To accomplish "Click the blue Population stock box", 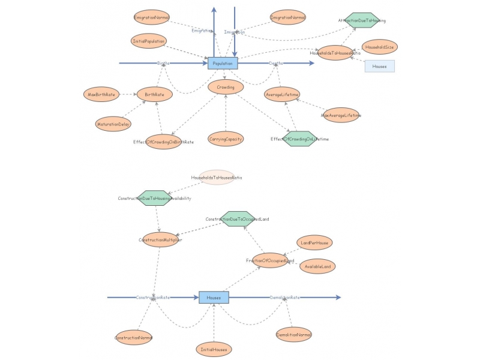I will [223, 62].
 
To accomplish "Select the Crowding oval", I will [226, 87].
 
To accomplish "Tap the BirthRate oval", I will [155, 94].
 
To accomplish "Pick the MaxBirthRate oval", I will [101, 94].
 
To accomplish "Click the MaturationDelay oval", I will [113, 125].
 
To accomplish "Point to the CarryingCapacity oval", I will [226, 139].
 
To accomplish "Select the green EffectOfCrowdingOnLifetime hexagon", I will [299, 139].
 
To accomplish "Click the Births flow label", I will [163, 62].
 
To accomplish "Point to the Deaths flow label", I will [276, 62].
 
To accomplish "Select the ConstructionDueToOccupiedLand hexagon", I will [238, 219].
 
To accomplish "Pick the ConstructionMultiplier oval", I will [160, 240].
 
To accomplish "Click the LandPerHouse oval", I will [314, 243].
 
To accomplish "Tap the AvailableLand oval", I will [317, 266].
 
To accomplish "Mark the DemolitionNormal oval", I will [294, 335].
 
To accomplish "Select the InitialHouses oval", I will [214, 349].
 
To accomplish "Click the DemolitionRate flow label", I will [285, 297].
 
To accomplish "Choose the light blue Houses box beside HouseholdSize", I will [379, 66].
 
